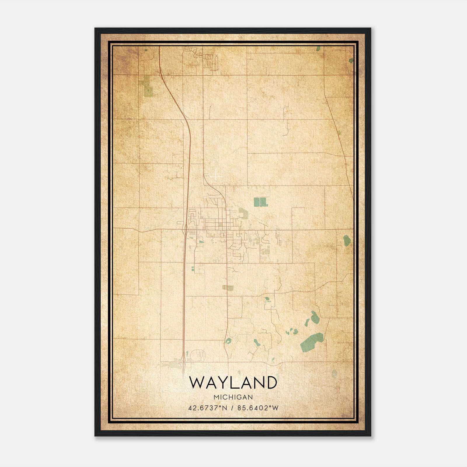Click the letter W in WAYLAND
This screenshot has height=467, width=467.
[198, 383]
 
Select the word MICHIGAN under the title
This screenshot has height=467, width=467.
[233, 397]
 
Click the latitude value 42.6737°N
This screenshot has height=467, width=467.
[208, 408]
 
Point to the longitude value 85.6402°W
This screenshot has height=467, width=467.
[258, 408]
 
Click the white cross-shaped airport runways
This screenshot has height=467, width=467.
[215, 176]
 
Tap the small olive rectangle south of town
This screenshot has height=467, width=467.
[228, 288]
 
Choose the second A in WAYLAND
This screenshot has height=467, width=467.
[245, 383]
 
